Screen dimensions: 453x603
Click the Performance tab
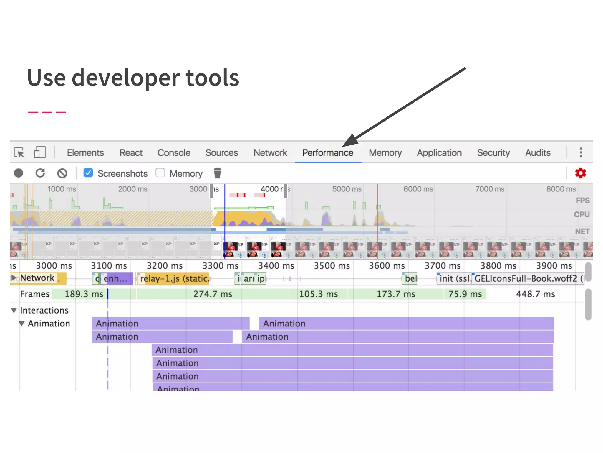(x=327, y=153)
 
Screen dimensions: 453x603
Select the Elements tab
(x=85, y=153)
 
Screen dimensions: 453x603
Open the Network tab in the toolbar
(x=270, y=153)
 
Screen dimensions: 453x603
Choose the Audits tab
(x=538, y=153)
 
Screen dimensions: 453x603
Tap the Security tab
(x=493, y=153)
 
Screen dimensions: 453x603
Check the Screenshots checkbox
(x=88, y=173)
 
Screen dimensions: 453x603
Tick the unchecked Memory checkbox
(x=160, y=173)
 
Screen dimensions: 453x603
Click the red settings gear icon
(x=580, y=173)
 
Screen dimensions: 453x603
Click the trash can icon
(x=217, y=173)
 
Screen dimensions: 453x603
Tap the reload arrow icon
(x=40, y=173)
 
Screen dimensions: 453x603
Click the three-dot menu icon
(x=581, y=152)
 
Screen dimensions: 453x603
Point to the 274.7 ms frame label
(x=213, y=294)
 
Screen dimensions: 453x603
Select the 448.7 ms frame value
(x=535, y=294)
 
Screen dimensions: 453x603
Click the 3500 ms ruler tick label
(x=332, y=266)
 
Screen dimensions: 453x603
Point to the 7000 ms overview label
(x=490, y=189)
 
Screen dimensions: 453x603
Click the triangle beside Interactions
(x=14, y=310)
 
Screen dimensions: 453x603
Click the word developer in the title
(x=126, y=78)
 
